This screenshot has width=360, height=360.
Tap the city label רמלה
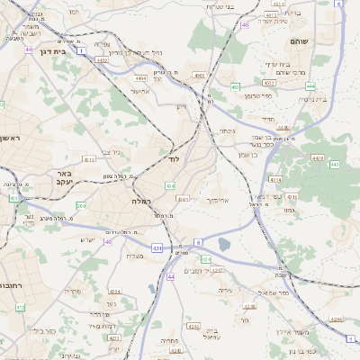[143, 201]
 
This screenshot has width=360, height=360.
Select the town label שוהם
[299, 41]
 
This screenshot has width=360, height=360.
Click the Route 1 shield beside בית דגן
[82, 50]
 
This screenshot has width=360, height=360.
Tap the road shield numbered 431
[157, 247]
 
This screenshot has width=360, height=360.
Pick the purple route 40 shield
[108, 241]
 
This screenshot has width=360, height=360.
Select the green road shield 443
[334, 165]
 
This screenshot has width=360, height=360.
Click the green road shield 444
[310, 86]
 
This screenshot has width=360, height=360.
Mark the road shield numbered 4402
[102, 60]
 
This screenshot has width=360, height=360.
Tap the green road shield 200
[81, 206]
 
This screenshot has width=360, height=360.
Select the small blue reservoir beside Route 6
[223, 243]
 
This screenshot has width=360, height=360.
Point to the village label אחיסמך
[219, 200]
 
